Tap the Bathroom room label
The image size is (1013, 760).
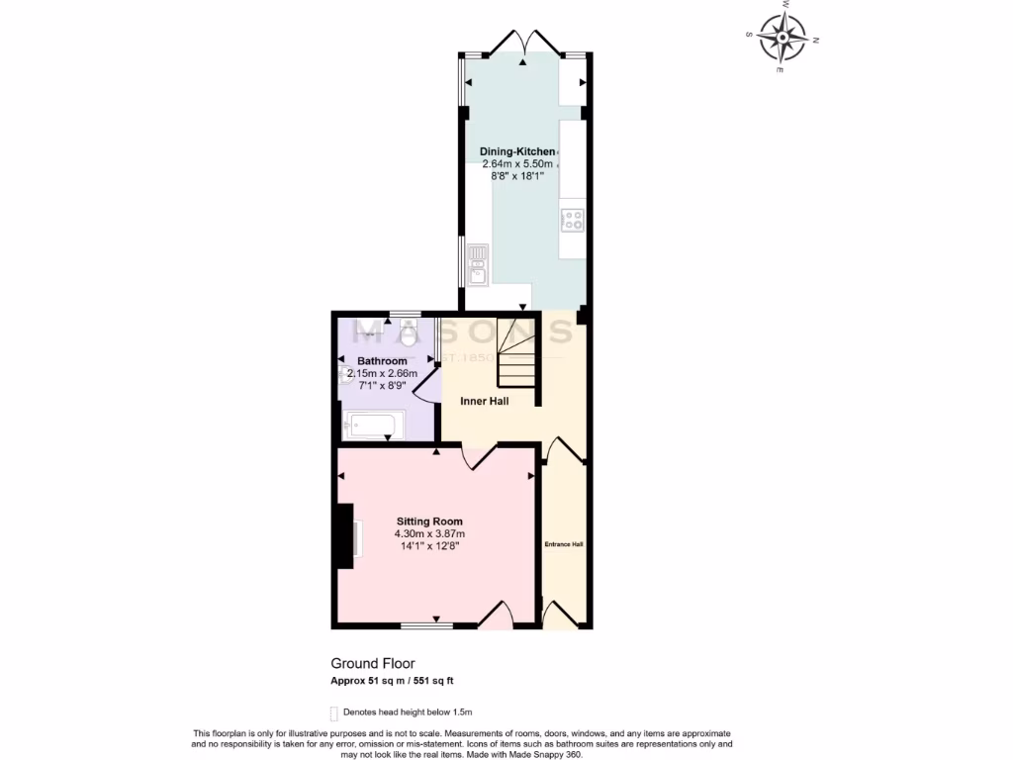(x=382, y=361)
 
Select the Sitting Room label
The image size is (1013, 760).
(x=429, y=522)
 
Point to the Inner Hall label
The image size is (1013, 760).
(x=485, y=401)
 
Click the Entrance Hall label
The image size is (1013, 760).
(x=564, y=544)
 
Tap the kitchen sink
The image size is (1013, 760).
(x=478, y=264)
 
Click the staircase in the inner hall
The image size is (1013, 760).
(x=518, y=356)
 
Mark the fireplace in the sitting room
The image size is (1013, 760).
(x=346, y=535)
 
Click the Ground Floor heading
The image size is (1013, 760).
(x=373, y=664)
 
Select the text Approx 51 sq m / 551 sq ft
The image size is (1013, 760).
(x=392, y=681)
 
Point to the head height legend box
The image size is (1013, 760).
(x=334, y=712)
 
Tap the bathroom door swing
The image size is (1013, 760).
(x=423, y=384)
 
